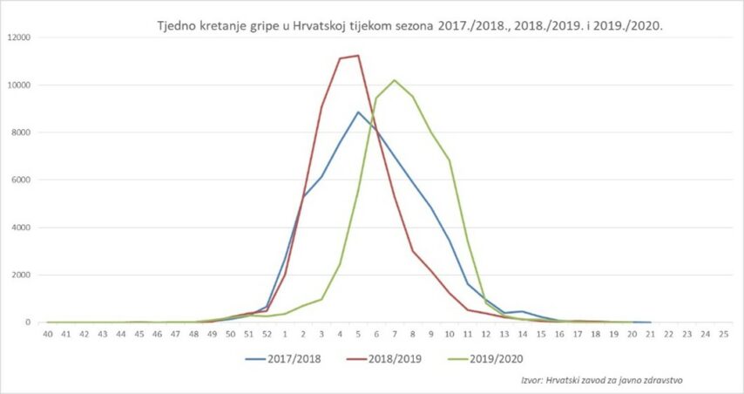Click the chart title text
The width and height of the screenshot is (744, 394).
(x=409, y=26)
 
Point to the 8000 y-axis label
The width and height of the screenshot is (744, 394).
(x=21, y=132)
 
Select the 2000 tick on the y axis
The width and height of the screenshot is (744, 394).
(x=21, y=275)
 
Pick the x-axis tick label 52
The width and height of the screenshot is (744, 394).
(x=267, y=334)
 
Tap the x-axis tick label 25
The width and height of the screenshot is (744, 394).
(x=724, y=334)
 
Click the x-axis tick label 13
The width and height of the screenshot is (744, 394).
(x=504, y=334)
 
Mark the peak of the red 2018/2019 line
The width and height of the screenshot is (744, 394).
(x=358, y=56)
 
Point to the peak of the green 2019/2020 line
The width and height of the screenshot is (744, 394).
(x=395, y=80)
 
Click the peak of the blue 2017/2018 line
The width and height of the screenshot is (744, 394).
(x=358, y=112)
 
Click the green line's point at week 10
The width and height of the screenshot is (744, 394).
(x=450, y=160)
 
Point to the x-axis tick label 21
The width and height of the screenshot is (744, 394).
(x=651, y=334)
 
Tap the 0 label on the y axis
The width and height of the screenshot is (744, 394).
(x=29, y=323)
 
